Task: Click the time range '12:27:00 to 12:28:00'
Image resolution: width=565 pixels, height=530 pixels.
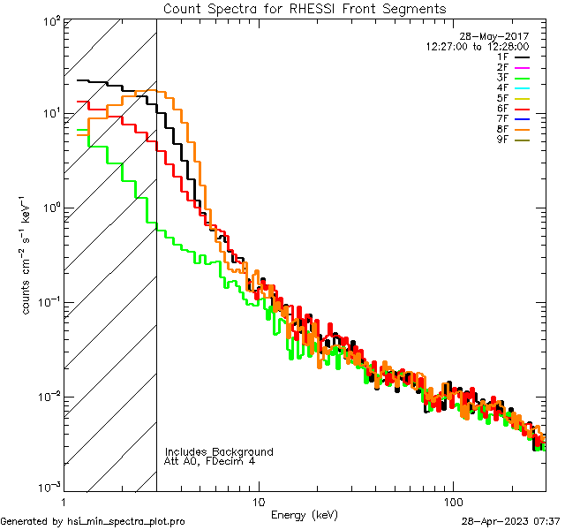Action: click(477, 47)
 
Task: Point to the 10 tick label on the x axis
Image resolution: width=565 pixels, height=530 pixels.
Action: click(259, 501)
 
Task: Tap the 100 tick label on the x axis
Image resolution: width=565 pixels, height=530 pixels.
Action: click(453, 501)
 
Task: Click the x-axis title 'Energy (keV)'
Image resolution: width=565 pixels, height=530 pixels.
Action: click(304, 514)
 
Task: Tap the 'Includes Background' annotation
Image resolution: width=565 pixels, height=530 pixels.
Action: click(219, 451)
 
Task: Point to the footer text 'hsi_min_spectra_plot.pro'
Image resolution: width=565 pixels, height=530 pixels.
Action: click(126, 522)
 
